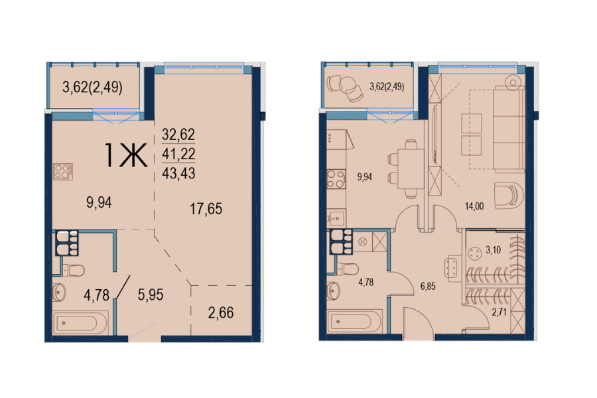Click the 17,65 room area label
[x=206, y=209]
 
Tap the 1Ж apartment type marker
[x=125, y=155]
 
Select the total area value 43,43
[x=178, y=173]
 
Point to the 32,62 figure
[x=178, y=134]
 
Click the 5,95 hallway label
[x=151, y=295]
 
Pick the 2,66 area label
[x=221, y=312]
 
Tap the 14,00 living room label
[x=474, y=206]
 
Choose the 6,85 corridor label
[x=428, y=286]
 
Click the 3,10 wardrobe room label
[x=493, y=250]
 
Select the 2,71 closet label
[x=499, y=312]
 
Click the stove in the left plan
[x=63, y=171]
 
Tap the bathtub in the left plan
[x=80, y=323]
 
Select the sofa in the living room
[x=509, y=129]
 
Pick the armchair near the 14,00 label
[x=509, y=195]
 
